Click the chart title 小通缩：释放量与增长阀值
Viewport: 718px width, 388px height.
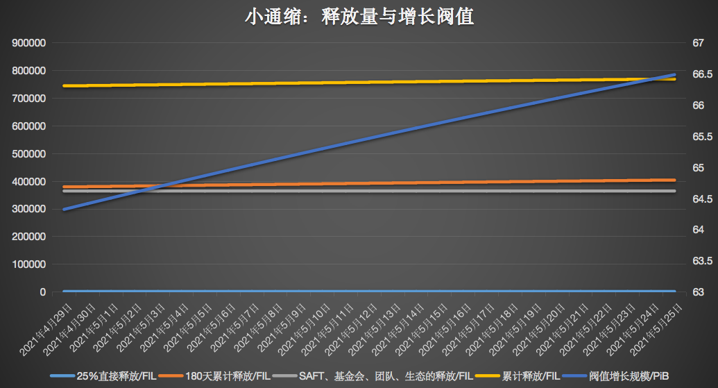tap(359, 17)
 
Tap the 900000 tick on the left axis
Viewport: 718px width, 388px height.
tap(29, 43)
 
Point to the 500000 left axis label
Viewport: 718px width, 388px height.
tap(29, 154)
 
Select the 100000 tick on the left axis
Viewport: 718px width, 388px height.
tap(29, 264)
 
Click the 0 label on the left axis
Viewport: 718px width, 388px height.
tap(43, 292)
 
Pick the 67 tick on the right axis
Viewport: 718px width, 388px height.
tap(698, 43)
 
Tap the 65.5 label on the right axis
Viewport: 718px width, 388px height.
tap(701, 137)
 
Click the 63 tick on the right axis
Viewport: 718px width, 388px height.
tap(698, 292)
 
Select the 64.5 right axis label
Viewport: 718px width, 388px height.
tap(701, 199)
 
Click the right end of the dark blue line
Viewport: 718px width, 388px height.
tap(674, 74)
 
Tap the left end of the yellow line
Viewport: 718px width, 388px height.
tap(64, 86)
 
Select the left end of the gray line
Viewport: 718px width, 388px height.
tap(64, 191)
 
